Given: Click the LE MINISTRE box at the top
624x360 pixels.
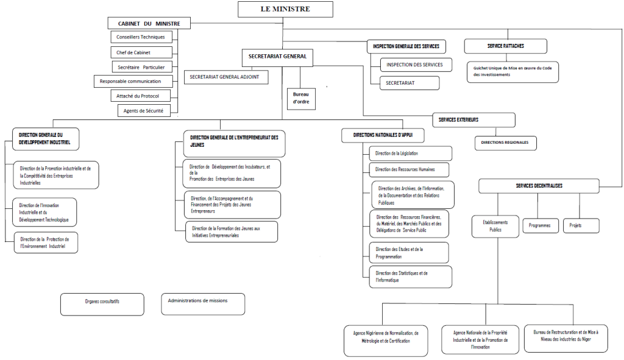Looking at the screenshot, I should pyautogui.click(x=285, y=9).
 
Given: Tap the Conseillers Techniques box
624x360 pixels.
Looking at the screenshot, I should pyautogui.click(x=140, y=37).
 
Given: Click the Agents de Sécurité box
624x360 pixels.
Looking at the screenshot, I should pyautogui.click(x=148, y=110).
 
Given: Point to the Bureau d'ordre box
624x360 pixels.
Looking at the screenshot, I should pyautogui.click(x=301, y=98).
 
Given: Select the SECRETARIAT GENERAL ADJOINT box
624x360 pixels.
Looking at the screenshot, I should pyautogui.click(x=226, y=77).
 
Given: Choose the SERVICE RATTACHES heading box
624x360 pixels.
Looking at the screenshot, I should pyautogui.click(x=506, y=46).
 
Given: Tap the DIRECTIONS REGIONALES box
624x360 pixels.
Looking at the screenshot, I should pyautogui.click(x=505, y=143).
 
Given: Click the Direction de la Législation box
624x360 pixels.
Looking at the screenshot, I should pyautogui.click(x=410, y=153).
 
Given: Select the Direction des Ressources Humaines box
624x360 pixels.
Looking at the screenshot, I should pyautogui.click(x=410, y=169).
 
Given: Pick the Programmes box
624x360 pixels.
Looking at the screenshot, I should pyautogui.click(x=540, y=225).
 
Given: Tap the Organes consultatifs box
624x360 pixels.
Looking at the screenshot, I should pyautogui.click(x=102, y=302).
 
